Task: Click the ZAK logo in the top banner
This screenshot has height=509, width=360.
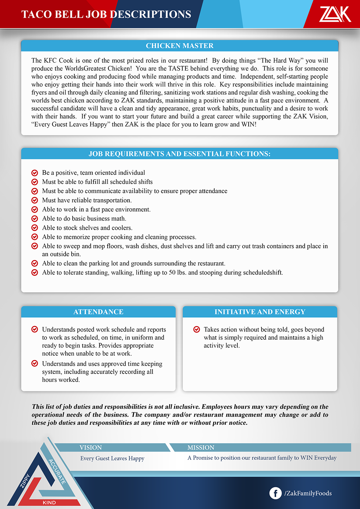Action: click(x=335, y=14)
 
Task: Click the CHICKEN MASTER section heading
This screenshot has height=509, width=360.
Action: click(x=180, y=46)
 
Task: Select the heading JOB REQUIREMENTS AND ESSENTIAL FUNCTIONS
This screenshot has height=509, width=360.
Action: click(x=180, y=154)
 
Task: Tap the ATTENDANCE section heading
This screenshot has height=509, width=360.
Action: click(x=98, y=312)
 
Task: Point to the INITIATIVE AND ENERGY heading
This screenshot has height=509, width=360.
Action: click(x=260, y=312)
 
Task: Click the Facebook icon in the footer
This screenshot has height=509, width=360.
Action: click(x=275, y=493)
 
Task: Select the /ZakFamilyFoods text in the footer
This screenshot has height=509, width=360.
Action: click(x=308, y=493)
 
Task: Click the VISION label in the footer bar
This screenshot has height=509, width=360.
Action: click(x=91, y=448)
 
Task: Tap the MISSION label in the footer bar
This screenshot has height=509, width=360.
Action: click(x=201, y=448)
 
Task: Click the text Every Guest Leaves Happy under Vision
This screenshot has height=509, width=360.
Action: click(x=112, y=458)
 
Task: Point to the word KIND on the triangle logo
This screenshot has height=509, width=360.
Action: click(x=49, y=503)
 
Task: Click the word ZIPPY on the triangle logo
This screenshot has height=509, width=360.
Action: click(x=25, y=481)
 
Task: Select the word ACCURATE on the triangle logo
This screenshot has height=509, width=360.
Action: click(x=57, y=471)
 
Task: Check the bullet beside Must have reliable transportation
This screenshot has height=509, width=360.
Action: click(x=35, y=200)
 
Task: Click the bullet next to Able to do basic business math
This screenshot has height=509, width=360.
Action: click(x=35, y=219)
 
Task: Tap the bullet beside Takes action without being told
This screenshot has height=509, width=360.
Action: click(x=196, y=329)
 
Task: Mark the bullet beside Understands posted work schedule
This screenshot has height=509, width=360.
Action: click(x=35, y=329)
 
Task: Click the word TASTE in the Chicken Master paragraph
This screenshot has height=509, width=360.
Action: click(x=178, y=69)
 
